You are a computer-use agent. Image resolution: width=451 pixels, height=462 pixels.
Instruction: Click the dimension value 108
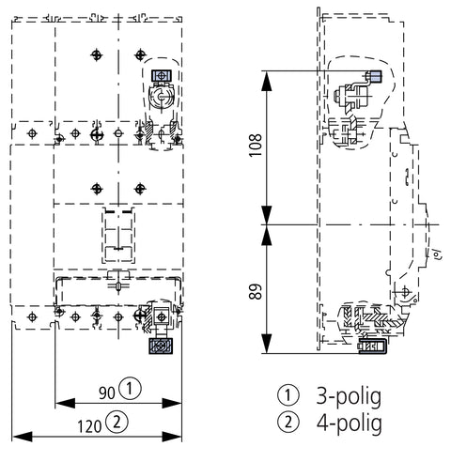(x=257, y=146)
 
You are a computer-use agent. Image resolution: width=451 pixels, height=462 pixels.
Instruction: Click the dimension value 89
(x=257, y=292)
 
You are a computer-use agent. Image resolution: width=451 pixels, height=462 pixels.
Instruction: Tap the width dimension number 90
(x=107, y=393)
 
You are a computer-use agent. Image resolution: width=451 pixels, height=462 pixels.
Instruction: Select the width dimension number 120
(x=89, y=426)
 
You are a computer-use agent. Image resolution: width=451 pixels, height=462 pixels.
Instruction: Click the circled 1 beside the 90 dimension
(x=131, y=389)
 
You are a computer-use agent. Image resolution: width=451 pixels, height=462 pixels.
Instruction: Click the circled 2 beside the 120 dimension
(x=117, y=423)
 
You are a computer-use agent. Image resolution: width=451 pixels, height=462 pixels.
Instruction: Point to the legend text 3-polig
(x=349, y=397)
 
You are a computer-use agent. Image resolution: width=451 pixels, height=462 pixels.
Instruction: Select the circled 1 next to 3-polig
(x=288, y=395)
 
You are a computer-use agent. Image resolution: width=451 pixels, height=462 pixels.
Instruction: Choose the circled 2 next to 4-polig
(x=288, y=422)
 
